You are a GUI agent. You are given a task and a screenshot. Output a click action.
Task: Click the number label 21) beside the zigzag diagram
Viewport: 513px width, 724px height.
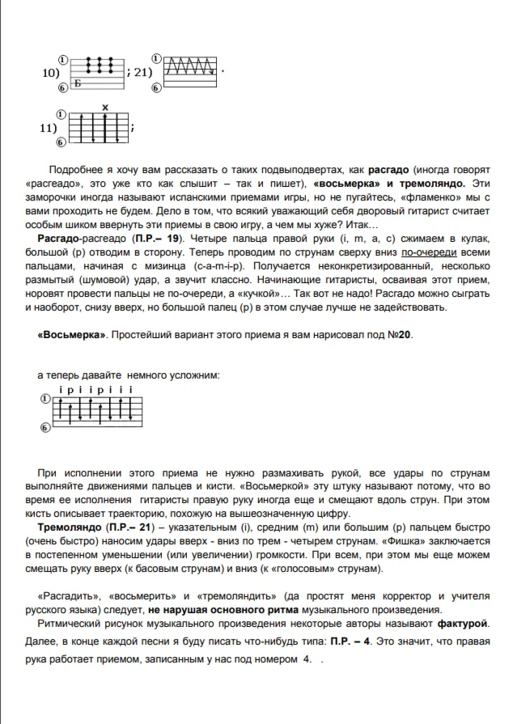coord(142,72)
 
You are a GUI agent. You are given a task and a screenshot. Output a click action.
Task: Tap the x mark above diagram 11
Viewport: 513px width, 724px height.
coord(105,108)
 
